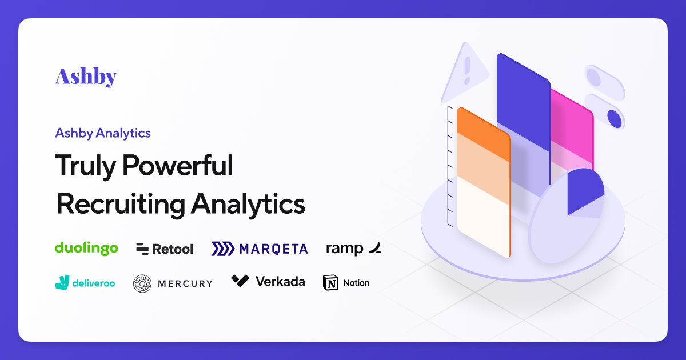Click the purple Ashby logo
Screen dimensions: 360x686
86,76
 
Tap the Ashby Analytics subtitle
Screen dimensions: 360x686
103,133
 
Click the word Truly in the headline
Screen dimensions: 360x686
86,166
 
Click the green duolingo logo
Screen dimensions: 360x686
86,248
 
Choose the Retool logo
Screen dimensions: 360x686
165,249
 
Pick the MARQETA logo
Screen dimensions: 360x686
260,249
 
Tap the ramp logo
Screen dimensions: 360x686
353,248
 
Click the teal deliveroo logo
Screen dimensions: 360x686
85,282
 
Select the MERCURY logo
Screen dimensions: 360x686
173,283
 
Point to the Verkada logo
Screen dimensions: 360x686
268,281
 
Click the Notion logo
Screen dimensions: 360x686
346,282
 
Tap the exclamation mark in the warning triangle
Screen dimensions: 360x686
467,70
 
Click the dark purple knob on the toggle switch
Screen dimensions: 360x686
614,118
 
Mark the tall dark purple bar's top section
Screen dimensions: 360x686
523,97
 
